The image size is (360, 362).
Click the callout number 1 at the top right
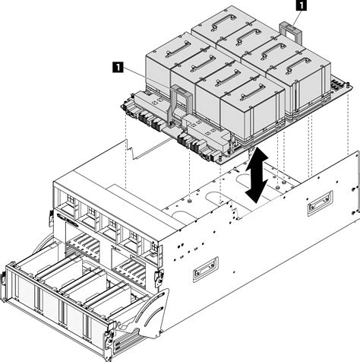pyautogui.click(x=301, y=5)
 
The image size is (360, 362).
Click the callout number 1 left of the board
pyautogui.click(x=118, y=68)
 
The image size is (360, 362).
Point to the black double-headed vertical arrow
pyautogui.click(x=257, y=176)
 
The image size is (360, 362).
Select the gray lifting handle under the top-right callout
pyautogui.click(x=291, y=32)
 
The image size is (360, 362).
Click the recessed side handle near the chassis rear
pyautogui.click(x=321, y=204)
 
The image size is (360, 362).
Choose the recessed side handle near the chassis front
pyautogui.click(x=205, y=269)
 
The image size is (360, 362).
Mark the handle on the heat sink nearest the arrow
pyautogui.click(x=253, y=93)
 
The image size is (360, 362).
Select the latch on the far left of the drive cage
pyautogui.click(x=3, y=279)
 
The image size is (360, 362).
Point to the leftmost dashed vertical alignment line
pyautogui.click(x=125, y=153)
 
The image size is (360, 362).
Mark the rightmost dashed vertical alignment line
pyautogui.click(x=349, y=121)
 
